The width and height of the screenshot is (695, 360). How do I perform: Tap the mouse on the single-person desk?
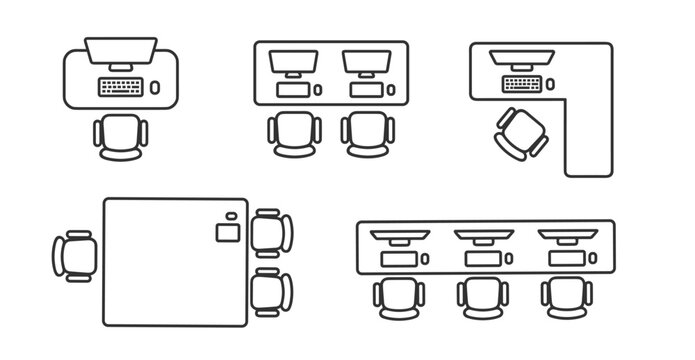point(155,87)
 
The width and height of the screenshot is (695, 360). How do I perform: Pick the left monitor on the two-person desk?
point(294,63)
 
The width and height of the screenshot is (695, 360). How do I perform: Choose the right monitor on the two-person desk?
point(367,63)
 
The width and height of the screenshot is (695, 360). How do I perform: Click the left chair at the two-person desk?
point(294,134)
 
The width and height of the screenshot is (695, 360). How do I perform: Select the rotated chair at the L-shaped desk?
point(521,132)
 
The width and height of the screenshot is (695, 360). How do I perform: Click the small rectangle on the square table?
point(226,233)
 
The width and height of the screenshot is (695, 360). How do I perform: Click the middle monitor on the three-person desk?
point(485,237)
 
